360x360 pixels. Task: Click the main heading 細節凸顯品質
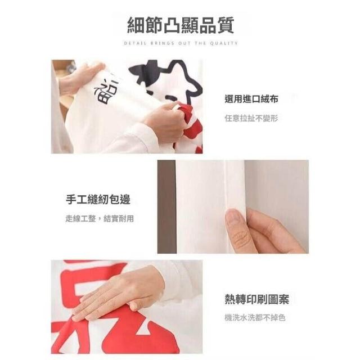click(181, 25)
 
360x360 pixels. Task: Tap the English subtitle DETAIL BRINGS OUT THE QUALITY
click(181, 43)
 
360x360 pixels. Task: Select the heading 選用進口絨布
click(251, 99)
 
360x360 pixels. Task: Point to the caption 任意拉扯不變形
click(251, 119)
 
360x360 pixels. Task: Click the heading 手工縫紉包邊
click(98, 199)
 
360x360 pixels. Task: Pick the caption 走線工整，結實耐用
click(100, 218)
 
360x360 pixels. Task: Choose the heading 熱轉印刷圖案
click(257, 299)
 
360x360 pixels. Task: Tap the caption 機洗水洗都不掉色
click(255, 318)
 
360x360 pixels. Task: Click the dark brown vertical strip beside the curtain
click(166, 206)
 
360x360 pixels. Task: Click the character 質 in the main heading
click(226, 25)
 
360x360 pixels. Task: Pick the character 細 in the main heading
click(136, 25)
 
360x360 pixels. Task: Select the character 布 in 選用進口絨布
click(273, 99)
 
